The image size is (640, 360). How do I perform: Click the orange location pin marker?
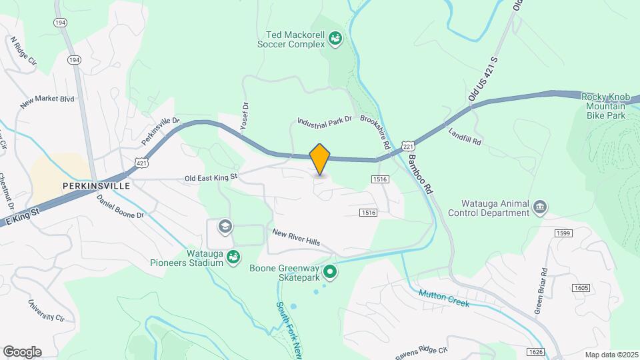pyautogui.click(x=320, y=159)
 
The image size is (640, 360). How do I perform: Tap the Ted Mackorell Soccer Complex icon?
pyautogui.click(x=335, y=40)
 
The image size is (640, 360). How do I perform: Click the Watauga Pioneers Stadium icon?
pyautogui.click(x=233, y=256)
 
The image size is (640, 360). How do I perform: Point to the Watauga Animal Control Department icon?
pyautogui.click(x=539, y=208)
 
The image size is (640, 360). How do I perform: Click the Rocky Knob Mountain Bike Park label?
pyautogui.click(x=606, y=106)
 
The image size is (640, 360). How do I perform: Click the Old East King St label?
pyautogui.click(x=211, y=178)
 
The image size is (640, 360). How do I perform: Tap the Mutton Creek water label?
pyautogui.click(x=444, y=298)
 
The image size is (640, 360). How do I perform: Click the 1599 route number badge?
pyautogui.click(x=563, y=233)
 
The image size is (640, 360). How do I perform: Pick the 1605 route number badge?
pyautogui.click(x=581, y=287)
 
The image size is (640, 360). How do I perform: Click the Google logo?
pyautogui.click(x=22, y=351)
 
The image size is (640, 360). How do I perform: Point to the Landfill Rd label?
pyautogui.click(x=465, y=137)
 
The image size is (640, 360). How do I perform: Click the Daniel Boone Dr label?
pyautogui.click(x=120, y=207)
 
